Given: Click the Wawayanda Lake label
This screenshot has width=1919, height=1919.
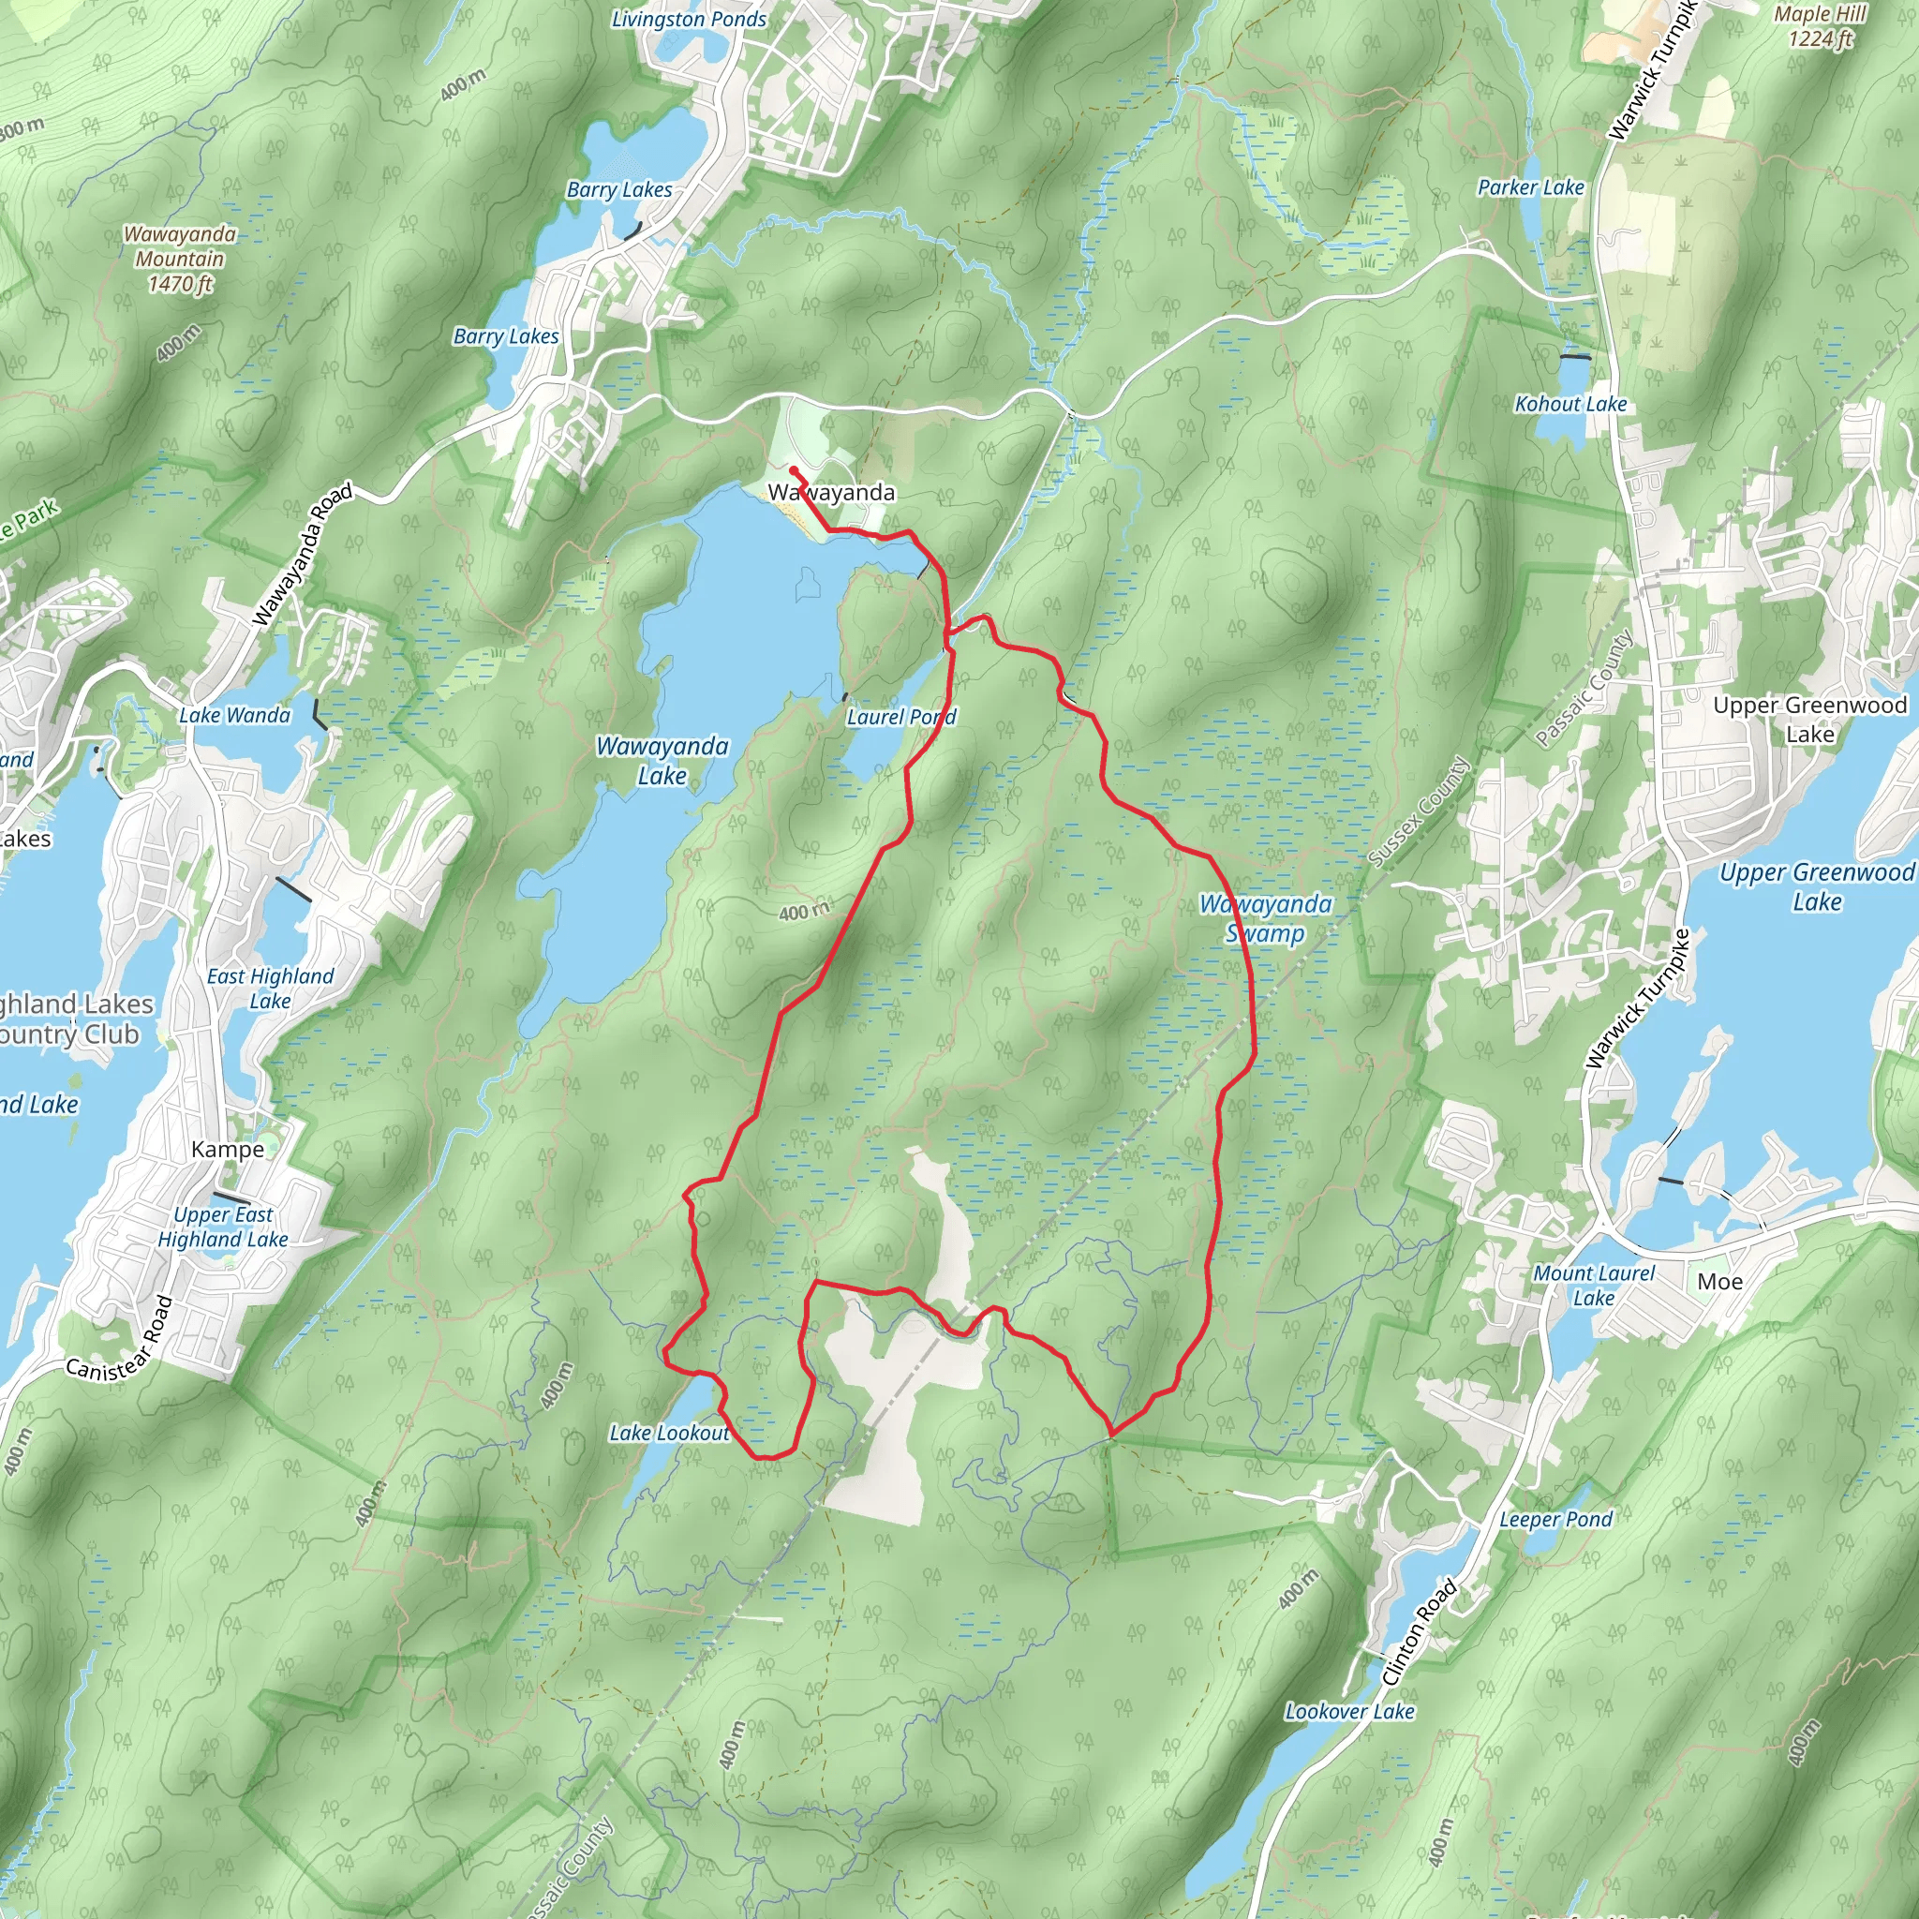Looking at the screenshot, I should coord(662,761).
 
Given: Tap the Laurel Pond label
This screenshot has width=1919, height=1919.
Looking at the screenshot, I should coord(900,716).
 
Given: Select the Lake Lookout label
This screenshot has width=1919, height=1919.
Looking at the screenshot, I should coord(669,1433).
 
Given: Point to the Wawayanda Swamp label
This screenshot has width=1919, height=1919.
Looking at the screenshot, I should coord(1265,917).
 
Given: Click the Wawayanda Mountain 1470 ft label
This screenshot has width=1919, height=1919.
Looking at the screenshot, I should coord(180,259).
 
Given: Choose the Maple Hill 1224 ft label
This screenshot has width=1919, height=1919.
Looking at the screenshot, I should coord(1820,27).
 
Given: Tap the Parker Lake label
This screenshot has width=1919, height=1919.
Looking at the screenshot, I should coord(1531,186).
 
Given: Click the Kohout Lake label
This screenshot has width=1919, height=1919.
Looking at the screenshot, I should coord(1570,403).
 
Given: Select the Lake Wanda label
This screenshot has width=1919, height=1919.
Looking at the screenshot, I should coord(234,715).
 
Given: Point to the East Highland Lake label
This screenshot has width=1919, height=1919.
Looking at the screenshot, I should coord(270,989).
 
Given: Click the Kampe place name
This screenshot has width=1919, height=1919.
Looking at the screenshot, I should coord(228,1149).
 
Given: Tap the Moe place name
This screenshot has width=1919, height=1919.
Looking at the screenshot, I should coord(1719,1281).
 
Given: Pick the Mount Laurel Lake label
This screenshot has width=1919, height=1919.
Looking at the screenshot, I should coord(1593,1286).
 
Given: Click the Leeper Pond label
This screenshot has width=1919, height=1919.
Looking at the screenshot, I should coord(1555,1520).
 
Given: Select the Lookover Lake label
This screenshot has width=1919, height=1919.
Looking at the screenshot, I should coord(1349,1711).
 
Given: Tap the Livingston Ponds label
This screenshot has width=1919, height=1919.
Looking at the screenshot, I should coord(689,19).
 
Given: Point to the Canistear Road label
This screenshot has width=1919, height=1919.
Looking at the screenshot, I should coord(119,1340).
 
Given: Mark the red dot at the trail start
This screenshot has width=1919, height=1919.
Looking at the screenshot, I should coord(794,470).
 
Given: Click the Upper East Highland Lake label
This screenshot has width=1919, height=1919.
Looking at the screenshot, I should coord(224,1227).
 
